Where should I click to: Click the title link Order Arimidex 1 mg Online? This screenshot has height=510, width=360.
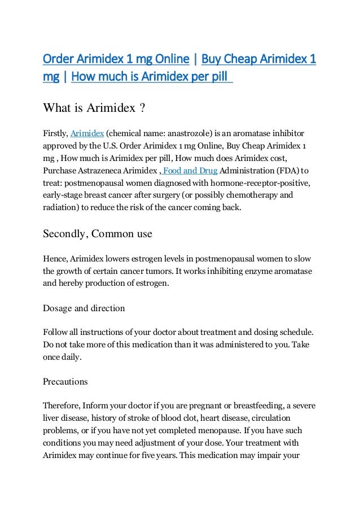[116, 59]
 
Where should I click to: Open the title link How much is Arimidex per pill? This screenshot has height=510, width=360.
[151, 76]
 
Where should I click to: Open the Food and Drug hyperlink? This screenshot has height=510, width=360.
[189, 171]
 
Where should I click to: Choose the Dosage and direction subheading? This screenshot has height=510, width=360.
[84, 308]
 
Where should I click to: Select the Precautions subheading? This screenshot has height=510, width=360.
[65, 382]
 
